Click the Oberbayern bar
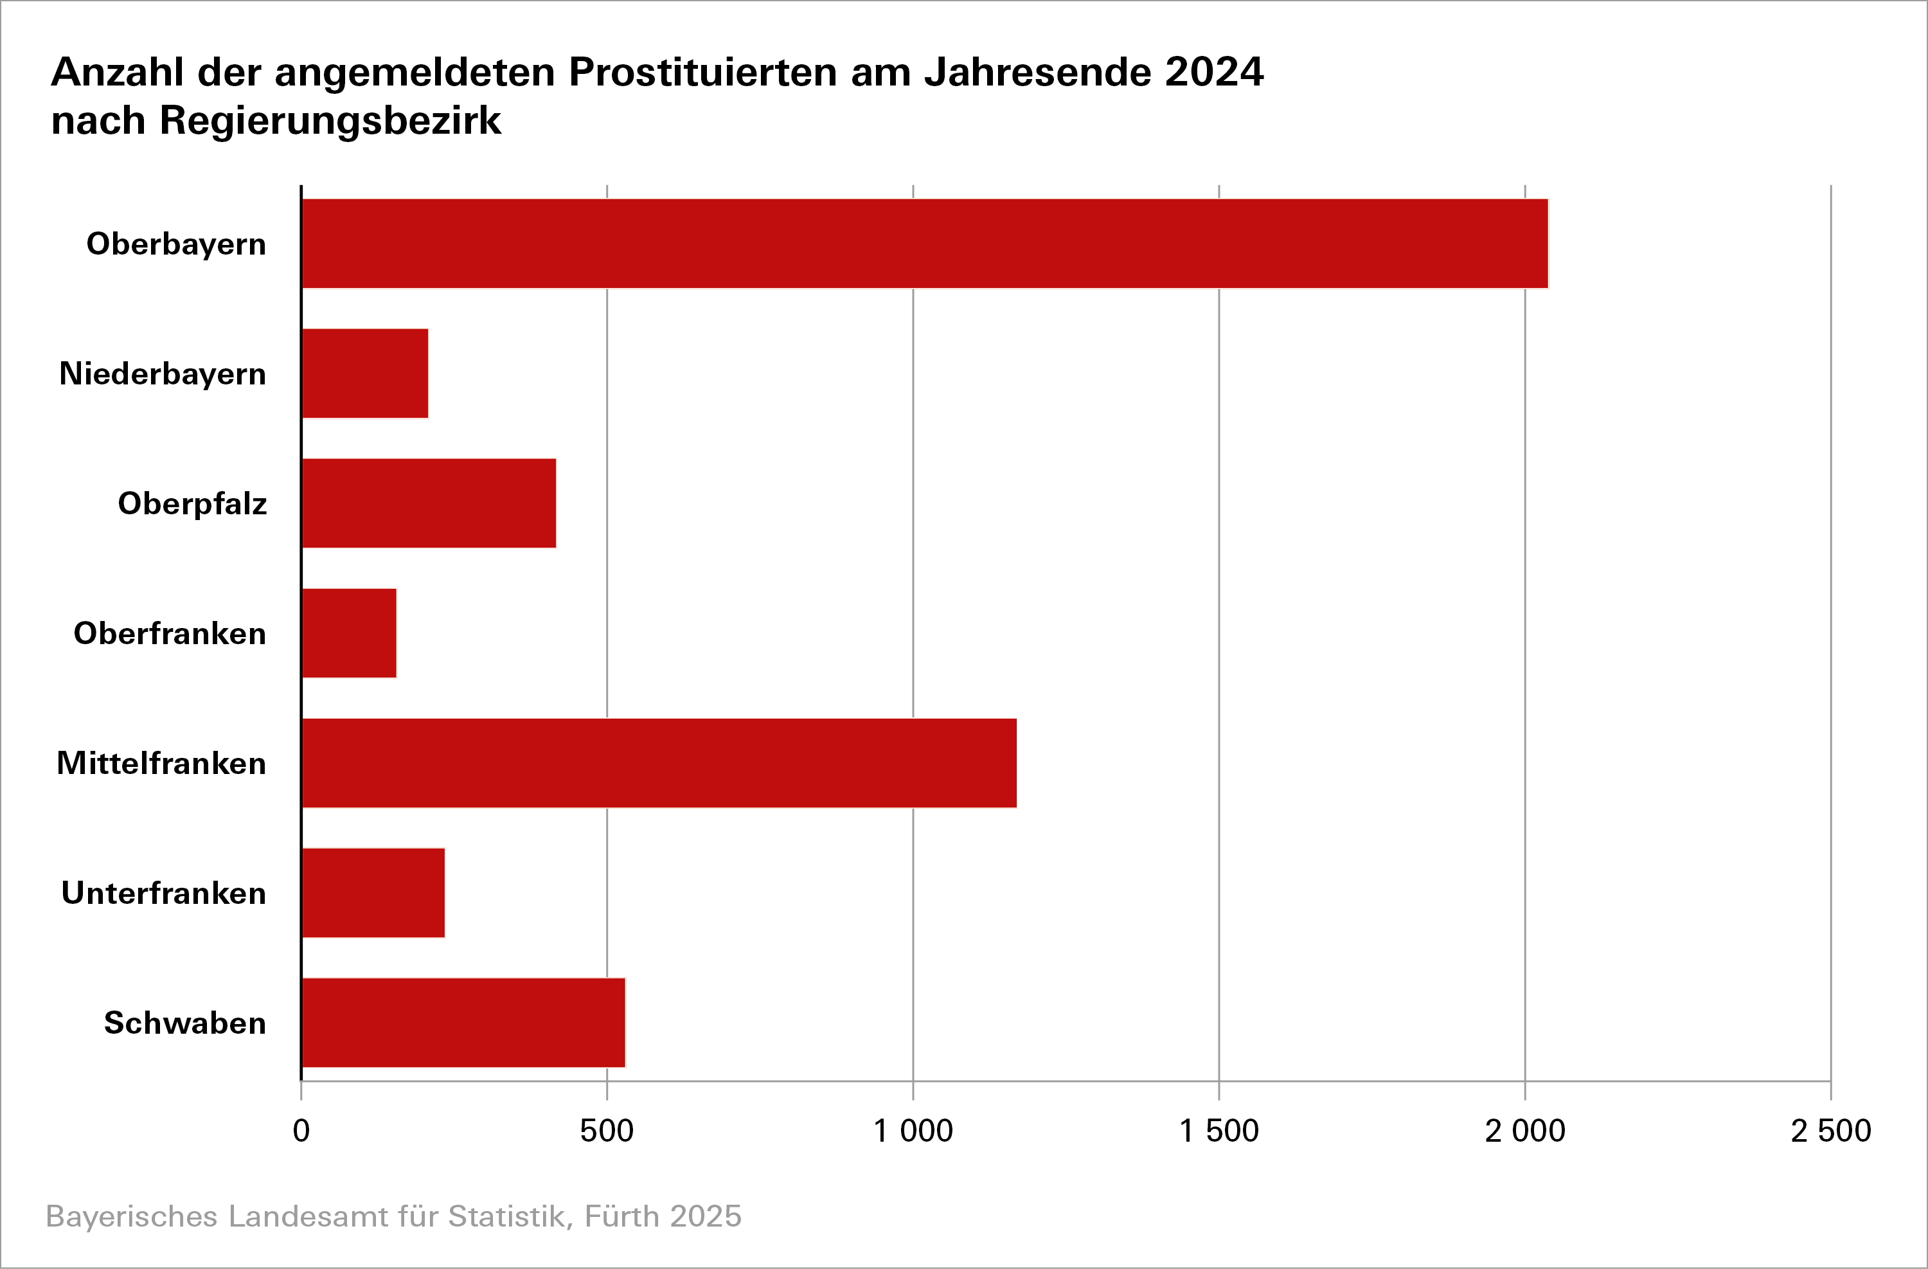coord(924,243)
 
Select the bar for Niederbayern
coord(364,373)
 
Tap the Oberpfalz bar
coord(429,503)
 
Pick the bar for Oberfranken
coord(349,633)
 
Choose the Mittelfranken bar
coord(659,762)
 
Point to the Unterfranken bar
coord(373,893)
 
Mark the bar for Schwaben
coord(463,1023)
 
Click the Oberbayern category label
coord(176,244)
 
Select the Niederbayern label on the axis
coord(162,373)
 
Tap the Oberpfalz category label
coord(192,503)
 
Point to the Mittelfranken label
coord(161,763)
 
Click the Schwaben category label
coord(184,1023)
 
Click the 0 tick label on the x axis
coord(301,1130)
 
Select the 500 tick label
coord(607,1130)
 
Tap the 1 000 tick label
coord(913,1130)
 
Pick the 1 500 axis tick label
coord(1218,1130)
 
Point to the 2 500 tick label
coord(1831,1130)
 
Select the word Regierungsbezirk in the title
coord(330,121)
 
